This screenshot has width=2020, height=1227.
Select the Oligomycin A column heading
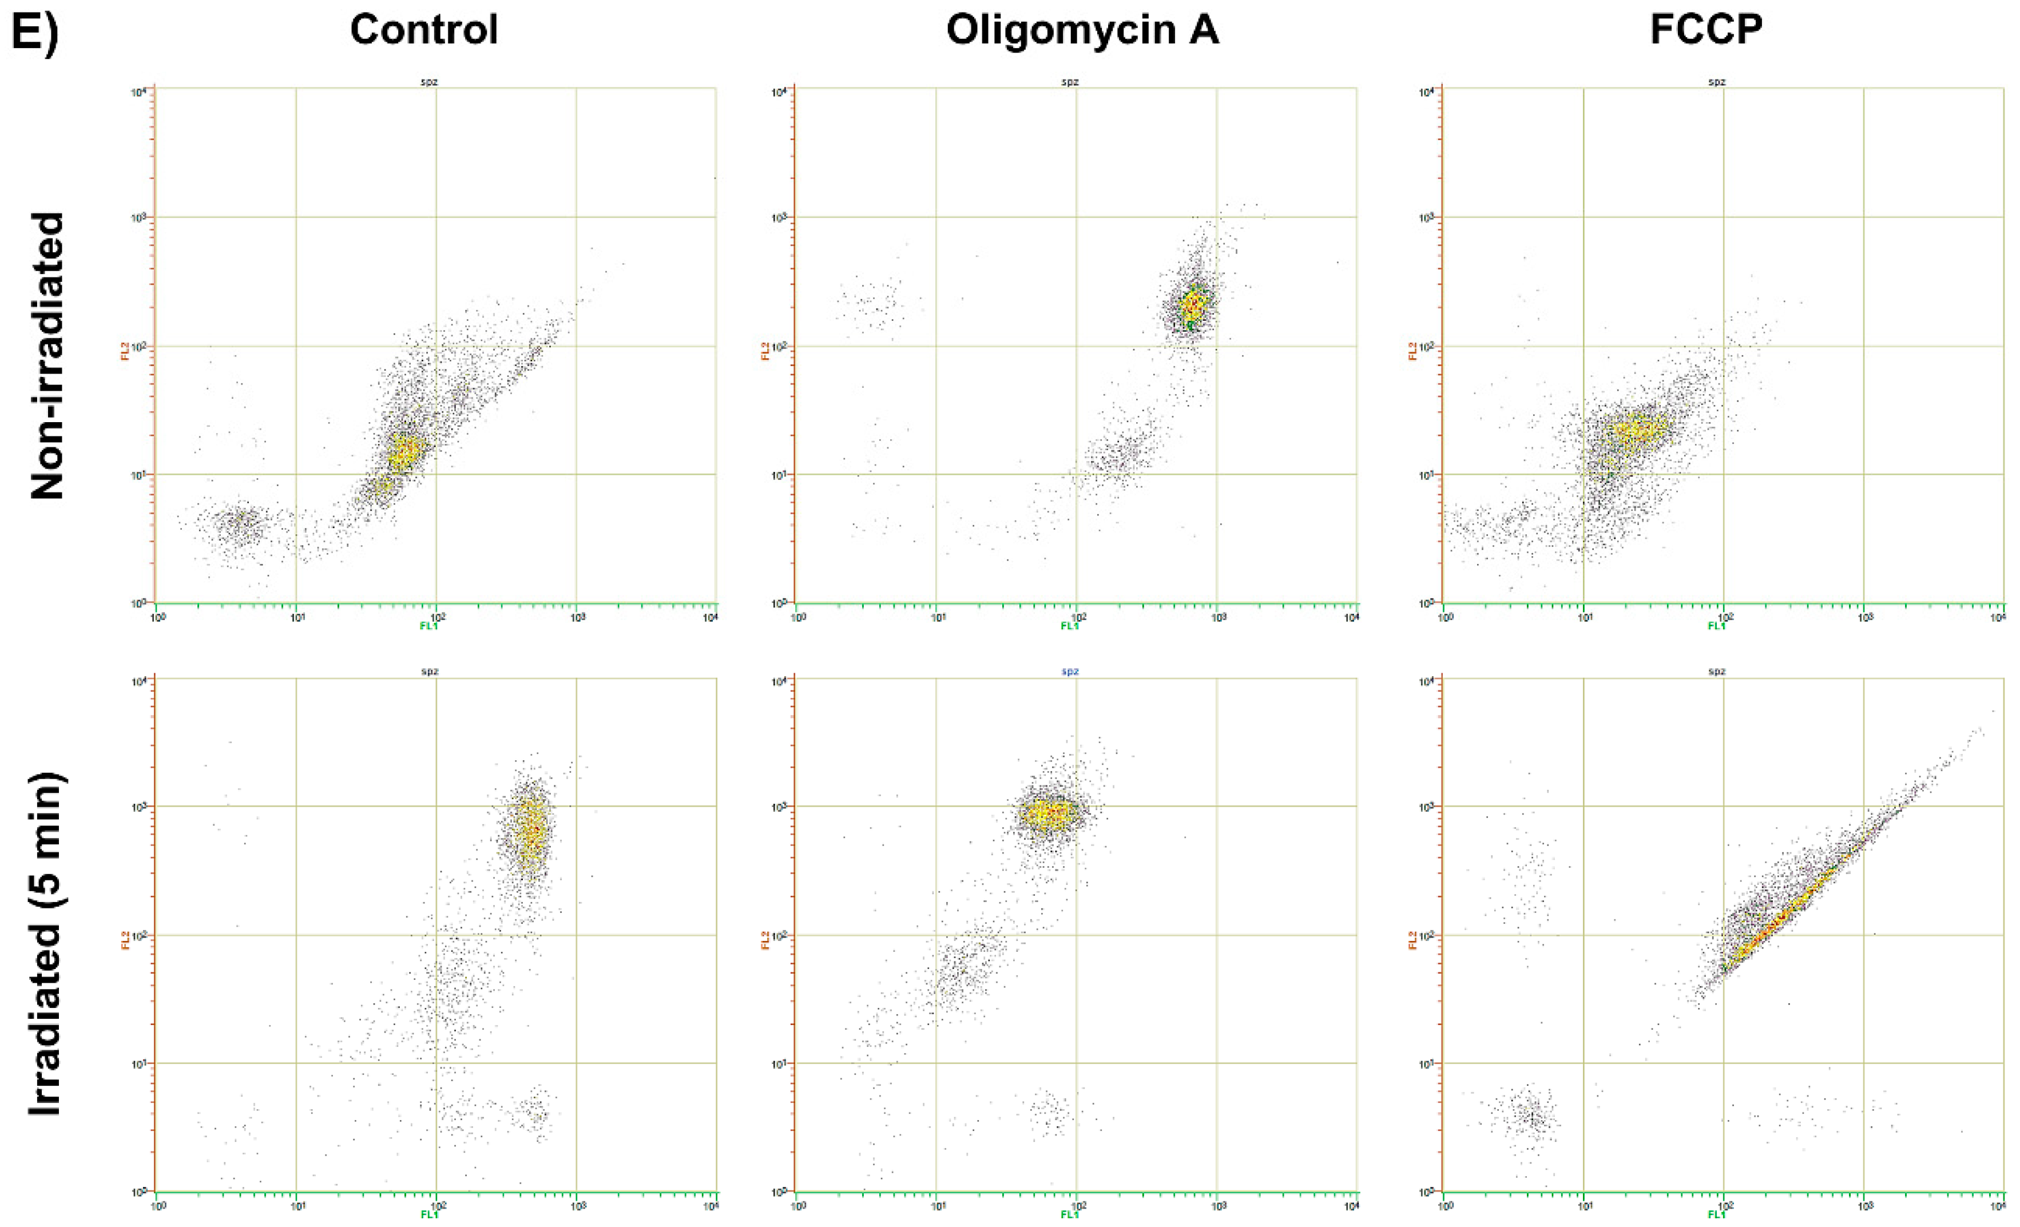[1082, 30]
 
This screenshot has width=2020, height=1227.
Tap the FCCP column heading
[1706, 30]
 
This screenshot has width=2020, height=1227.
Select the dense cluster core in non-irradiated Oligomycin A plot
[1193, 305]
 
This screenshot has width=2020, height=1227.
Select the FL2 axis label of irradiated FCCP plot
[1412, 940]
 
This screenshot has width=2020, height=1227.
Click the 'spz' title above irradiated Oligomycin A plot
[1070, 672]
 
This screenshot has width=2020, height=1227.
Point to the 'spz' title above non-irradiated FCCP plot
[1717, 82]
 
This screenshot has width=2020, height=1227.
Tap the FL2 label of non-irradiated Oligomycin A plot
[765, 351]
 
